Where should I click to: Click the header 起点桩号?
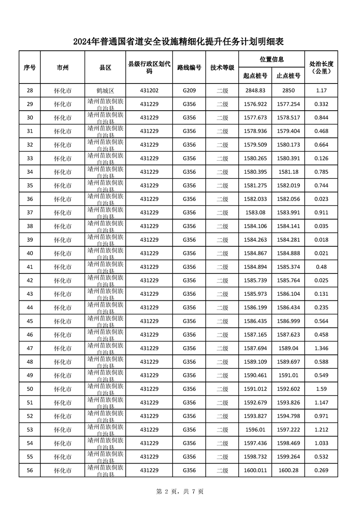pyautogui.click(x=255, y=76)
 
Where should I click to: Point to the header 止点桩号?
pyautogui.click(x=288, y=76)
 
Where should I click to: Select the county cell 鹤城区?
pyautogui.click(x=105, y=91)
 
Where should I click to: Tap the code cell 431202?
pyautogui.click(x=149, y=91)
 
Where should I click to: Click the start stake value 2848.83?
pyautogui.click(x=255, y=91)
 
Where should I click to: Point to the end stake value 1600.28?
pyautogui.click(x=288, y=470)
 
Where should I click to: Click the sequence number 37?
pyautogui.click(x=30, y=213)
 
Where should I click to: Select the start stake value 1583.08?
pyautogui.click(x=255, y=213)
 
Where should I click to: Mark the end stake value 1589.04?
pyautogui.click(x=288, y=348)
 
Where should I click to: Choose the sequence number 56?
pyautogui.click(x=30, y=470)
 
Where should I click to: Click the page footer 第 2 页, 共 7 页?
pyautogui.click(x=180, y=491)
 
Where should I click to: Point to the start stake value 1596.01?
pyautogui.click(x=255, y=430)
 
